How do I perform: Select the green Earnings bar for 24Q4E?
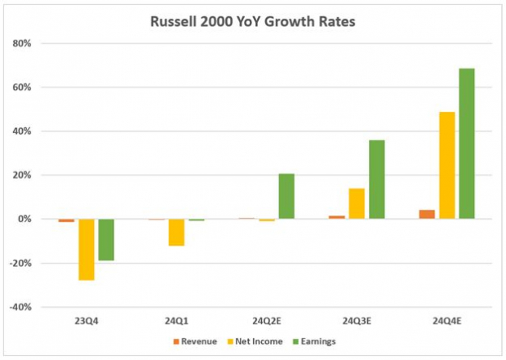(467, 144)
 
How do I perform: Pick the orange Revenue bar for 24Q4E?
(428, 214)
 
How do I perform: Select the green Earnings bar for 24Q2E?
(286, 197)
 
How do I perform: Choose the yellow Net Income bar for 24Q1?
(176, 232)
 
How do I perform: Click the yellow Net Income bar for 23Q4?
(87, 249)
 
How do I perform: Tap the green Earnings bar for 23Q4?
(106, 239)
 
